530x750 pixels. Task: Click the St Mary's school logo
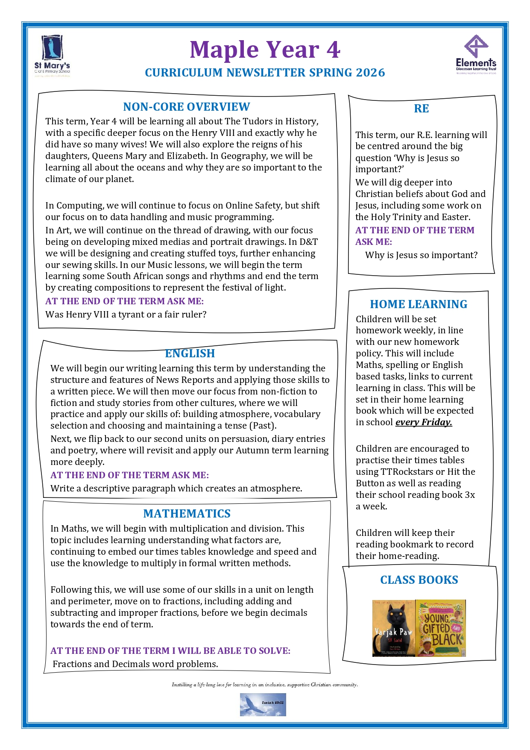pos(52,56)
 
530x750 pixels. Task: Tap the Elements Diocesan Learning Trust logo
pos(476,55)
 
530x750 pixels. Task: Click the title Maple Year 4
pos(265,50)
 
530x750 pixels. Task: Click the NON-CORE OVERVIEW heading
pos(186,107)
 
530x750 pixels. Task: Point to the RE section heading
pos(421,109)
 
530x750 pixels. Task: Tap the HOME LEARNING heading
pos(419,304)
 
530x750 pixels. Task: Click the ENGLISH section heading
pos(190,353)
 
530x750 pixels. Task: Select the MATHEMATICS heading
pos(187,514)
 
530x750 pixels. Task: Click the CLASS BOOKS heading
pos(419,580)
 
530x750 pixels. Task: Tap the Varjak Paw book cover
pos(393,628)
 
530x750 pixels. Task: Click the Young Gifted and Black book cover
pos(440,628)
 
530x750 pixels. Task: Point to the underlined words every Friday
pos(423,422)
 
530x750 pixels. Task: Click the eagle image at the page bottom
pos(263,705)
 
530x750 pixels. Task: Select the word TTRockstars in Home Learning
pos(407,472)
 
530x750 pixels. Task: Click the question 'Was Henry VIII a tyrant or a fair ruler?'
pos(126,315)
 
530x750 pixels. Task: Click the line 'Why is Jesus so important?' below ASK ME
pos(421,255)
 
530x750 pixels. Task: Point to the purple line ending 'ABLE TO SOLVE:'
pos(170,651)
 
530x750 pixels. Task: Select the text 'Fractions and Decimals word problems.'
pos(135,664)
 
